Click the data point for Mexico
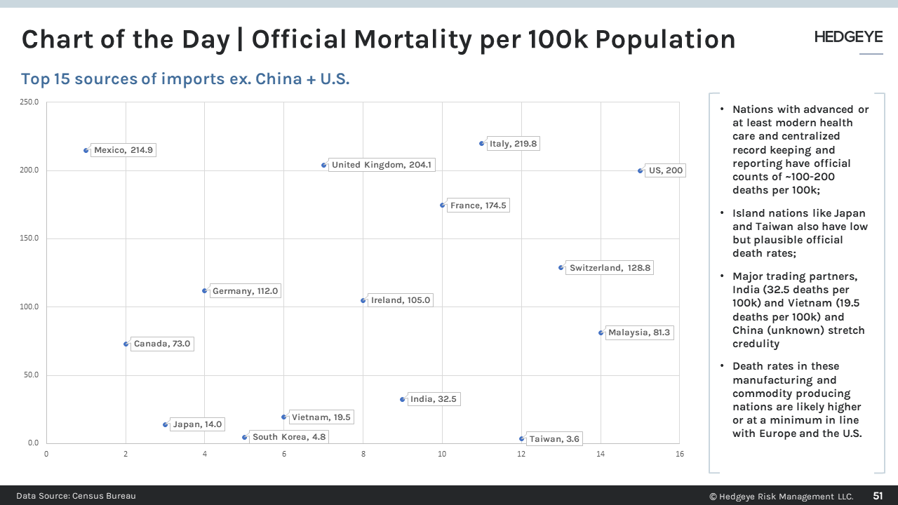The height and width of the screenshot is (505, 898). tap(86, 150)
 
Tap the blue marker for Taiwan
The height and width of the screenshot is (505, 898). tap(521, 438)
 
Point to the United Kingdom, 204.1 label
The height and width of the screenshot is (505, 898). tap(382, 165)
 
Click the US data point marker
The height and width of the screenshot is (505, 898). tap(640, 170)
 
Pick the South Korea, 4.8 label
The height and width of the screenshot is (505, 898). tap(288, 437)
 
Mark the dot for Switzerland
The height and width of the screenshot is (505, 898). tap(561, 267)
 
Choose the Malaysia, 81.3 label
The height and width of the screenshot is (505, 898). tap(638, 332)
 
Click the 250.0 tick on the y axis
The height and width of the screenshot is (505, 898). tap(29, 102)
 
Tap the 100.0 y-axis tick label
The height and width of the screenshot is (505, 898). tap(29, 307)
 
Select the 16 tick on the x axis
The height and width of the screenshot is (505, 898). tap(679, 454)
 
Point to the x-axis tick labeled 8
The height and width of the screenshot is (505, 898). tap(363, 454)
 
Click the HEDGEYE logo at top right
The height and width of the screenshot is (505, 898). tap(848, 37)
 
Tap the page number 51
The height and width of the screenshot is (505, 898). tap(878, 496)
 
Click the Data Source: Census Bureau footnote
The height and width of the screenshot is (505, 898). tap(76, 496)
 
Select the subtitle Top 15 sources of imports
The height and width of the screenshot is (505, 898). tap(185, 79)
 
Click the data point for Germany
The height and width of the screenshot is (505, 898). tap(205, 290)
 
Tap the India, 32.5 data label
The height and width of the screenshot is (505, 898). tap(433, 399)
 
